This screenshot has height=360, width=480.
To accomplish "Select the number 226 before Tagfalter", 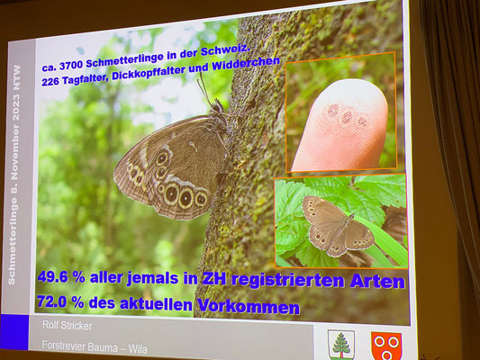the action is [x=50, y=82].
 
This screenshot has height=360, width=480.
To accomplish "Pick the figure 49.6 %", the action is [x=61, y=277].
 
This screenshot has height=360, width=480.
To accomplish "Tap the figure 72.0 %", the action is [x=60, y=301].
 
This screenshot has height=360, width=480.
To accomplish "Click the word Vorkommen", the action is [x=249, y=306].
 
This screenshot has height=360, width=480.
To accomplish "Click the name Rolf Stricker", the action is [x=67, y=326].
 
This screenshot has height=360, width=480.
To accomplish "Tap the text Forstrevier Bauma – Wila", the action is [x=95, y=346].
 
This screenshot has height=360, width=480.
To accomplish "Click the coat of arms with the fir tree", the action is [x=341, y=344].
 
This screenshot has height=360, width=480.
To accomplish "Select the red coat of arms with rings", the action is [x=386, y=346].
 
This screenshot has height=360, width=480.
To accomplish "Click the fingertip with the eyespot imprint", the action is [x=340, y=125].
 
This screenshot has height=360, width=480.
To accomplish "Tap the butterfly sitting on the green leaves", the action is [x=338, y=226].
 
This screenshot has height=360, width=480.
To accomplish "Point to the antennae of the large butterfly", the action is [x=205, y=89].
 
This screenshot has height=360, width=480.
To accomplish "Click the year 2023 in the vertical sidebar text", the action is [x=16, y=108].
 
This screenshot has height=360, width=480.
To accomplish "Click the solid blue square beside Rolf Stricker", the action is [x=14, y=332].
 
